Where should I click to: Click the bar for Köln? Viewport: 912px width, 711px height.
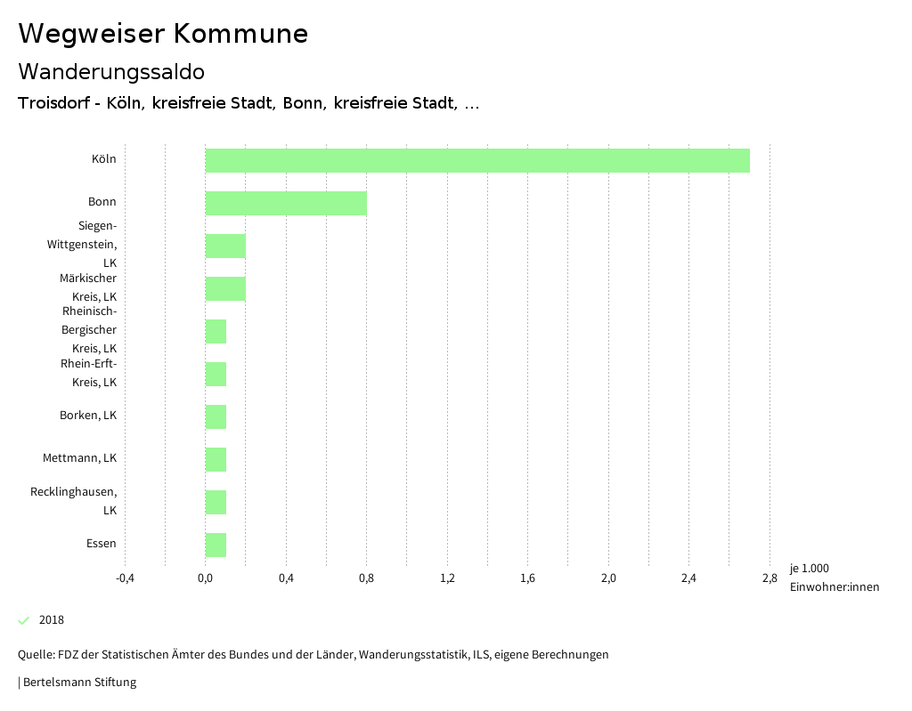[477, 160]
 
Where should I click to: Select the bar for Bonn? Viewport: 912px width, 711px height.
[286, 203]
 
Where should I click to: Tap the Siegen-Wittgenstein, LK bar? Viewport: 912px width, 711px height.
[225, 246]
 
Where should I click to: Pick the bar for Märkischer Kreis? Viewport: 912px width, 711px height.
[225, 288]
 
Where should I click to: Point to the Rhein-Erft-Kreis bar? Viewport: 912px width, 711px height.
[216, 374]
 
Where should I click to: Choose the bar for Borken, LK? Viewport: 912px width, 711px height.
[216, 416]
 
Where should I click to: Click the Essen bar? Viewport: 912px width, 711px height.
[216, 545]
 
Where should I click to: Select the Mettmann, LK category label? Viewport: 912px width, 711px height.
[79, 458]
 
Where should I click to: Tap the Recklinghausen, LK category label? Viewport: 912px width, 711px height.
[73, 501]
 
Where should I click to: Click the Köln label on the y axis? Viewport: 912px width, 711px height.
[103, 159]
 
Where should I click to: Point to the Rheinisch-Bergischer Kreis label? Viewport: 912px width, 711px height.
[89, 330]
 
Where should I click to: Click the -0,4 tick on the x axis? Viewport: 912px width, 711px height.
[125, 578]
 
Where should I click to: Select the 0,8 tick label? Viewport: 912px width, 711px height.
[366, 578]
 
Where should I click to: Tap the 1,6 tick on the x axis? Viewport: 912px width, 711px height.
[527, 578]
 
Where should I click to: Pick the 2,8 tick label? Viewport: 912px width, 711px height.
[769, 578]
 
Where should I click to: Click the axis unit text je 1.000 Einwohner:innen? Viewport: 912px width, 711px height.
[834, 578]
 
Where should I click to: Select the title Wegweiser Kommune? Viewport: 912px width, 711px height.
[163, 34]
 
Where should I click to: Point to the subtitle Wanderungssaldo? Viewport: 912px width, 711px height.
[111, 71]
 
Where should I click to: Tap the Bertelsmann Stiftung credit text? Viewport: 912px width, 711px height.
[78, 683]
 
